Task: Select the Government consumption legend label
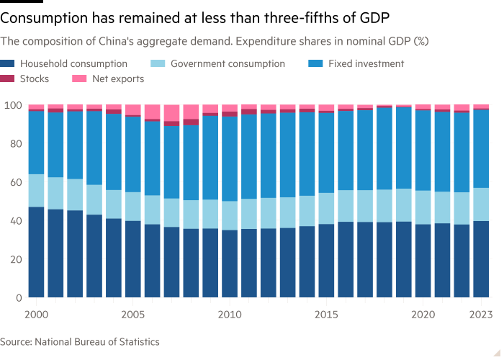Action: pyautogui.click(x=227, y=63)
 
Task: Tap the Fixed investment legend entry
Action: pyautogui.click(x=366, y=63)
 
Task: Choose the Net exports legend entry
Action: pyautogui.click(x=119, y=78)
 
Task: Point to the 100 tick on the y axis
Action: pyautogui.click(x=12, y=105)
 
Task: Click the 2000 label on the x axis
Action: pyautogui.click(x=36, y=315)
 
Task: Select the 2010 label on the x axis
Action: pyautogui.click(x=230, y=315)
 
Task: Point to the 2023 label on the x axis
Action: pyautogui.click(x=481, y=315)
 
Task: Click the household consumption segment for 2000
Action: pyautogui.click(x=36, y=252)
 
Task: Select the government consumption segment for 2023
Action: pyautogui.click(x=481, y=204)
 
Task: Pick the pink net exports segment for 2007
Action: pyautogui.click(x=171, y=114)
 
